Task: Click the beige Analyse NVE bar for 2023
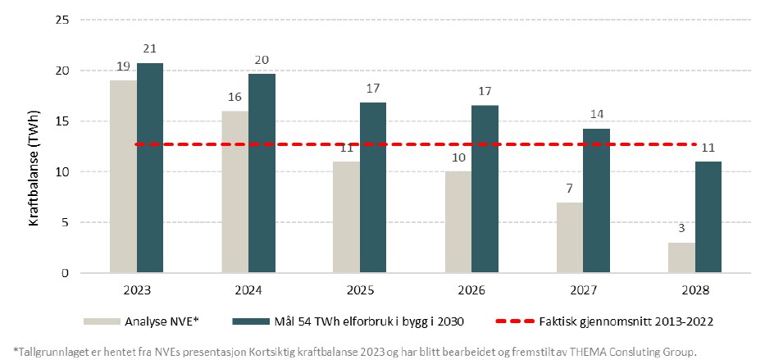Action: (x=123, y=176)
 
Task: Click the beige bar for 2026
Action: (x=458, y=221)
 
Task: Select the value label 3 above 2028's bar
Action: (x=681, y=231)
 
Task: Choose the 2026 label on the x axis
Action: (x=471, y=290)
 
